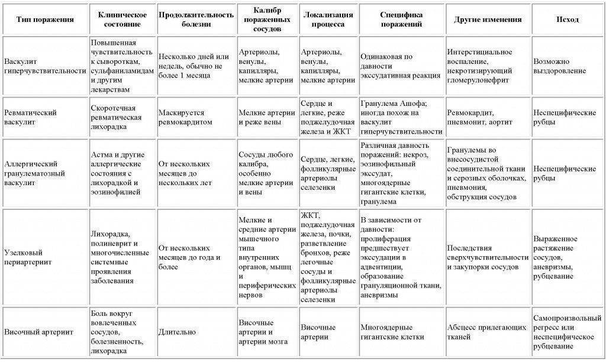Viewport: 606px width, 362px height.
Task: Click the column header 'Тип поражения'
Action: [45, 20]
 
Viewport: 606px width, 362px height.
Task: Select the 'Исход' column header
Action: [568, 20]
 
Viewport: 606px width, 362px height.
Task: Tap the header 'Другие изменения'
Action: [488, 20]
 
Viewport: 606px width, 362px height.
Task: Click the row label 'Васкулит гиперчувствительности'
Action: [45, 66]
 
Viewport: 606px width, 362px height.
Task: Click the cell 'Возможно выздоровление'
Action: [560, 66]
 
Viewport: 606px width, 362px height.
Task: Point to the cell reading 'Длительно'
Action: [173, 332]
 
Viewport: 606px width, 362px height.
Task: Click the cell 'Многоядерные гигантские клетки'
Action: [392, 332]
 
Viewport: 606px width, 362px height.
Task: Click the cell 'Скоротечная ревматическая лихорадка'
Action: [117, 112]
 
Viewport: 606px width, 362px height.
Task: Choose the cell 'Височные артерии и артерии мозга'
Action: [263, 332]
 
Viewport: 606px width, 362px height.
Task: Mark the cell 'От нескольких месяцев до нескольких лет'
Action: [185, 173]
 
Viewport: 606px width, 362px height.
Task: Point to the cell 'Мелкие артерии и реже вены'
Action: [266, 117]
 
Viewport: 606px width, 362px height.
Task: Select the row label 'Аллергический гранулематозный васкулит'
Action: [36, 173]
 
